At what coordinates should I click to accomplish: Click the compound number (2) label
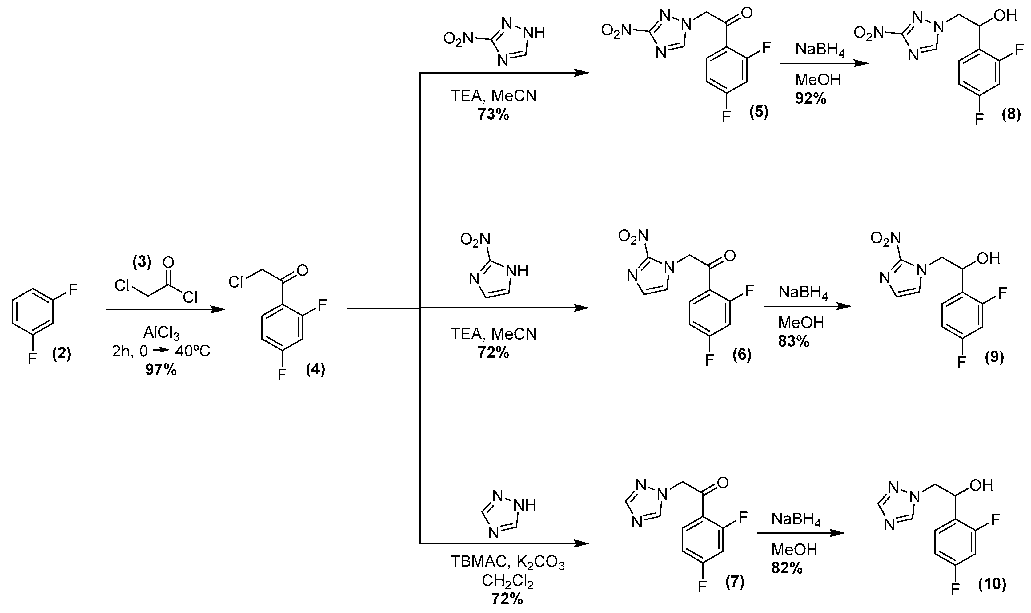[x=62, y=354]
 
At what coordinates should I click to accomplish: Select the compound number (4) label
[x=315, y=369]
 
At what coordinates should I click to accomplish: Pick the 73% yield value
[x=493, y=114]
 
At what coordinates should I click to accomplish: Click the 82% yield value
[x=787, y=568]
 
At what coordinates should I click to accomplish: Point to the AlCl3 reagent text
[x=161, y=332]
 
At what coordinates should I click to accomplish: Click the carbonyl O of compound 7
[x=723, y=483]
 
